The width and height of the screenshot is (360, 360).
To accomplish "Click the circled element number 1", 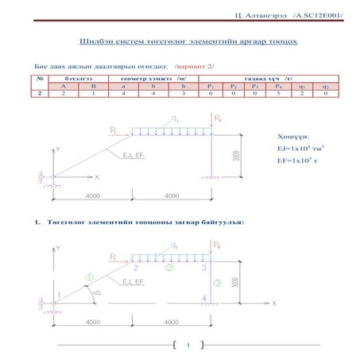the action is pyautogui.click(x=89, y=277).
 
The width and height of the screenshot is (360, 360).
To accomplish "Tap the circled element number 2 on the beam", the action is pyautogui.click(x=168, y=269).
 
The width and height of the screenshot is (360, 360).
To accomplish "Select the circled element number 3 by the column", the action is pyautogui.click(x=217, y=283).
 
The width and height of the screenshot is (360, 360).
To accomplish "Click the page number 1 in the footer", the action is pyautogui.click(x=188, y=345).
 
